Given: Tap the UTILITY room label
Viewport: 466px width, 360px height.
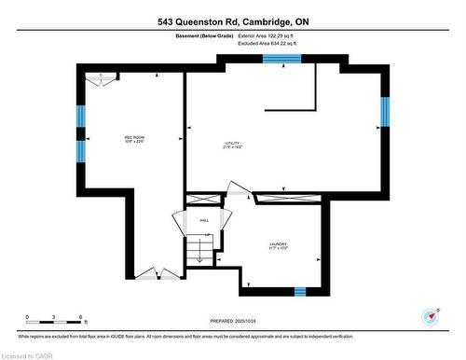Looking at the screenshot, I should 233,145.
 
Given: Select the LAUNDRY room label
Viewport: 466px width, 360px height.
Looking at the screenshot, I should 278,246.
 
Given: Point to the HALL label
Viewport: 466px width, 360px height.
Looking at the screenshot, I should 203,220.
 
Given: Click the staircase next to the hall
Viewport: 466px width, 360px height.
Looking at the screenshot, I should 198,249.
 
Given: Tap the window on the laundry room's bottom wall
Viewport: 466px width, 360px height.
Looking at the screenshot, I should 300,291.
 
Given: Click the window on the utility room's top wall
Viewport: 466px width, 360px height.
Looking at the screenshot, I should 281,59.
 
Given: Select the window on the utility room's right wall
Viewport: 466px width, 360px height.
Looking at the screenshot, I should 383,112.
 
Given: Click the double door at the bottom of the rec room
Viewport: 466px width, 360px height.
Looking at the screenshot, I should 147,273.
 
